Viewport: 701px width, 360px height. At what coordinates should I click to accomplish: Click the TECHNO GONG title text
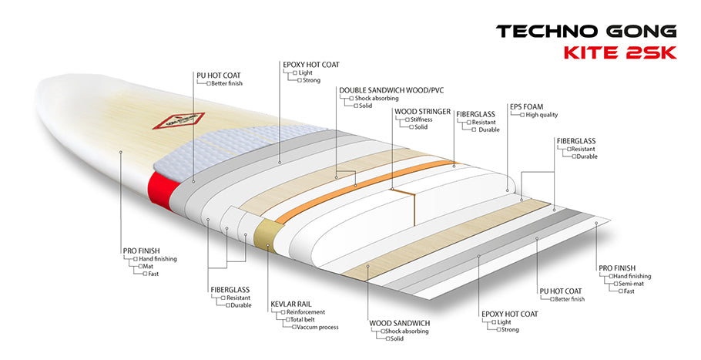(586, 32)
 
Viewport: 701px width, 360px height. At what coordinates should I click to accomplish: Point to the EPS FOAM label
(527, 106)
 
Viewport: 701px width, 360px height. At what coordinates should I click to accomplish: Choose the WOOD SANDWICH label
(399, 322)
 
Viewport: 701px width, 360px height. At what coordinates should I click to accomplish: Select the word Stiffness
(420, 119)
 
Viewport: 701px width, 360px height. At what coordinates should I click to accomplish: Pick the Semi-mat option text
(636, 283)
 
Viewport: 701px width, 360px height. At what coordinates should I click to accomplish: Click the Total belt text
(306, 320)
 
